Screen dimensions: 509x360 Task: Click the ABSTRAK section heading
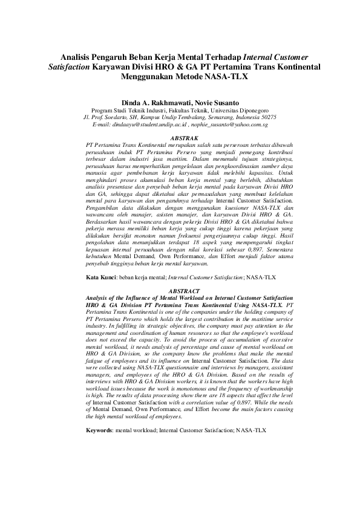(180, 138)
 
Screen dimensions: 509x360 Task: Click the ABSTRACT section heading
(180, 291)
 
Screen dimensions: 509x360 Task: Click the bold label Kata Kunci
(100, 276)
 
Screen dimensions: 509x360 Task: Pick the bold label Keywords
(100, 430)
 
